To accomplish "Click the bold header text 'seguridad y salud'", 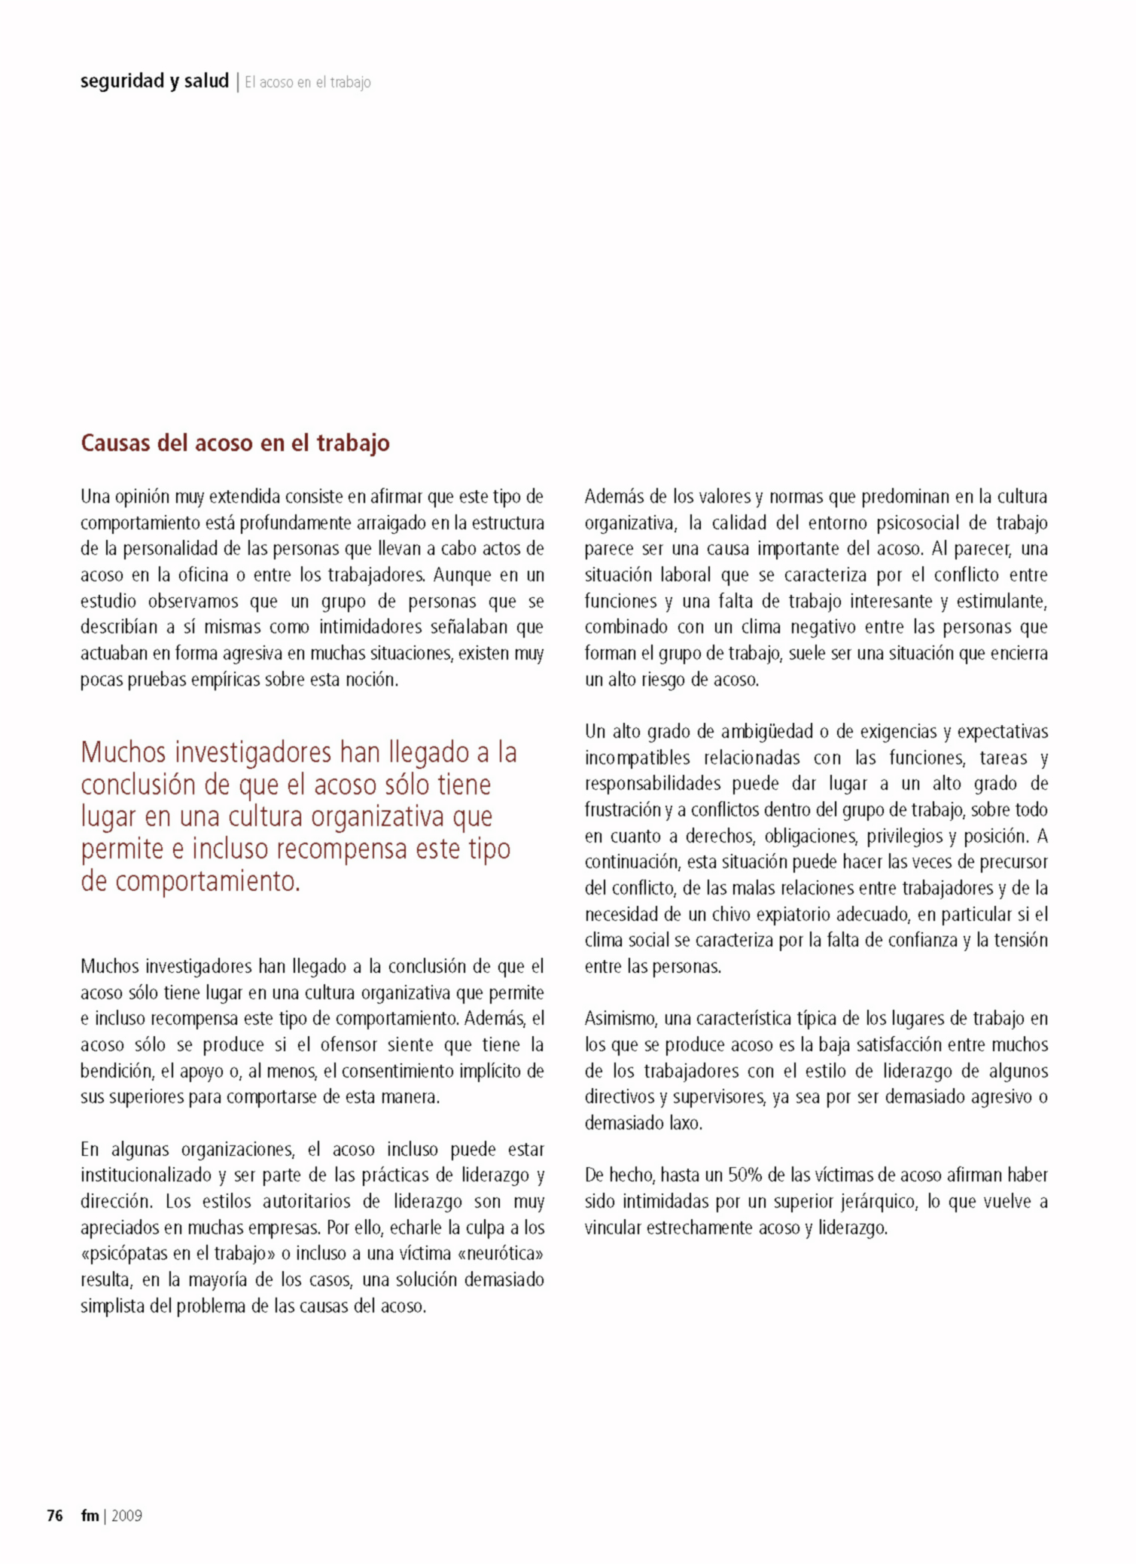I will [x=154, y=81].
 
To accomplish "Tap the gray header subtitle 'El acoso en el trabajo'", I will [x=307, y=82].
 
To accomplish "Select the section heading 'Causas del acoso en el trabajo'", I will [x=235, y=443].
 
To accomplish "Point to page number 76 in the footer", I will [x=55, y=1516].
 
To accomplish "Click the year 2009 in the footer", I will [x=126, y=1516].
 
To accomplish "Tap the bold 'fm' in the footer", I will [x=90, y=1516].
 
